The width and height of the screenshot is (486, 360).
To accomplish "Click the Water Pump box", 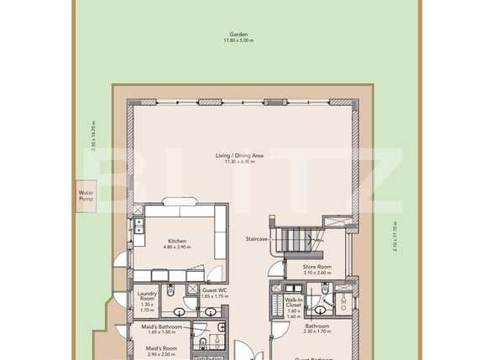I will coord(86,196).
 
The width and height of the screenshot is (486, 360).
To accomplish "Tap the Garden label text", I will coord(239,34).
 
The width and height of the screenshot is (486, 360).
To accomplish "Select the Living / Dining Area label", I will coord(239,155).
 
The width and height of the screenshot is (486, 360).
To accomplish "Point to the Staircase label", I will coord(256,239).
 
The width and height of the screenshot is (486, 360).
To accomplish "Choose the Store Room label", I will coord(317,267).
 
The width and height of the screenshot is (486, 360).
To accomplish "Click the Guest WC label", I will coord(215,290).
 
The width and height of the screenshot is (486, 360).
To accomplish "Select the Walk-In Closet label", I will coord(293,303).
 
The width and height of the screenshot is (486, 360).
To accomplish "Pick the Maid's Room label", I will coord(160,348).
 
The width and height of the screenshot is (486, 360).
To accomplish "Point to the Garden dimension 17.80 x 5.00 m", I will coord(239,41).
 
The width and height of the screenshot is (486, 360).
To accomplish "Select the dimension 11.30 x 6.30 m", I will coord(239,161).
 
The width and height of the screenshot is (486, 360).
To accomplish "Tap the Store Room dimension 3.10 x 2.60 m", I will coord(317,273).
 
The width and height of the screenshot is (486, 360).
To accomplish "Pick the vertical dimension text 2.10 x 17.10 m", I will coord(395,235).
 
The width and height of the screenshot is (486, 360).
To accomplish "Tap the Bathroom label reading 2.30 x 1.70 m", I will coord(316,331).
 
